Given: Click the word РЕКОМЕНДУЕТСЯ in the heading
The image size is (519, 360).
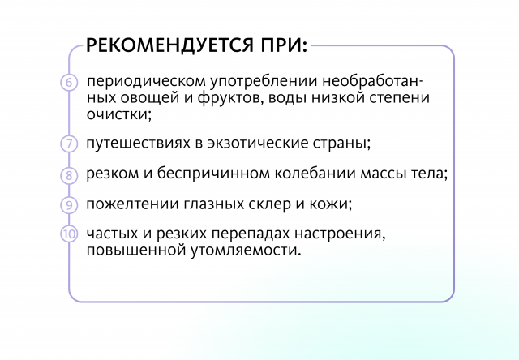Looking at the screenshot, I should click(170, 45).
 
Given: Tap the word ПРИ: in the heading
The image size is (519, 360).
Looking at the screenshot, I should click(284, 45).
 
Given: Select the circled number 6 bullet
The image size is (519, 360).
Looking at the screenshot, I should click(69, 82).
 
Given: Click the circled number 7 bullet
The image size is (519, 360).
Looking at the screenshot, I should click(69, 144).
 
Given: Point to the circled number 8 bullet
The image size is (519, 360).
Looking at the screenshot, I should click(69, 174).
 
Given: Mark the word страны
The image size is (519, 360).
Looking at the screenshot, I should click(341, 144).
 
